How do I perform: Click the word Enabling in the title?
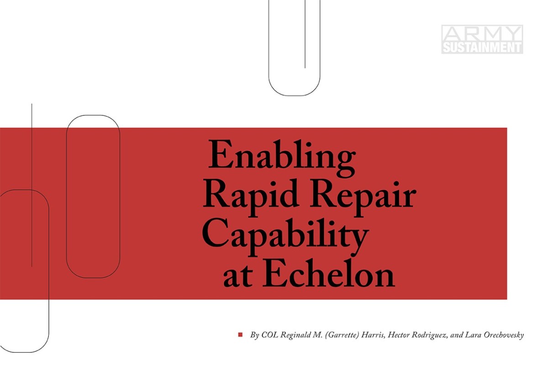(x=282, y=155)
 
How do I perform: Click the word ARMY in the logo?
(x=482, y=33)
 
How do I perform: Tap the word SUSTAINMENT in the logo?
(x=482, y=47)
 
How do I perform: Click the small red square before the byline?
(x=240, y=335)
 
